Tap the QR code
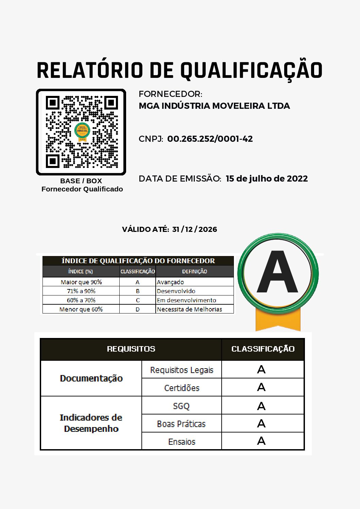click(x=81, y=132)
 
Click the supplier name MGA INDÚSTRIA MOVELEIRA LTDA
click(x=214, y=106)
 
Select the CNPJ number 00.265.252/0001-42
click(x=210, y=139)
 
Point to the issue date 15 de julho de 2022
click(x=267, y=179)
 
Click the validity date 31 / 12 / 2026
click(x=194, y=230)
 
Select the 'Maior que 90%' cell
click(x=81, y=282)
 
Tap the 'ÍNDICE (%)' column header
click(x=81, y=272)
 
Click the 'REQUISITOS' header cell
click(x=131, y=349)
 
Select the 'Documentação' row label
click(x=91, y=378)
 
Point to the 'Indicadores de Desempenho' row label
click(x=91, y=423)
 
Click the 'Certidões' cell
click(x=182, y=388)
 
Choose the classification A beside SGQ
click(x=261, y=406)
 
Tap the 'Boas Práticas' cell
click(x=182, y=424)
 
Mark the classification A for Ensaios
click(x=261, y=441)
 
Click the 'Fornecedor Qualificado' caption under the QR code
click(x=82, y=189)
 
